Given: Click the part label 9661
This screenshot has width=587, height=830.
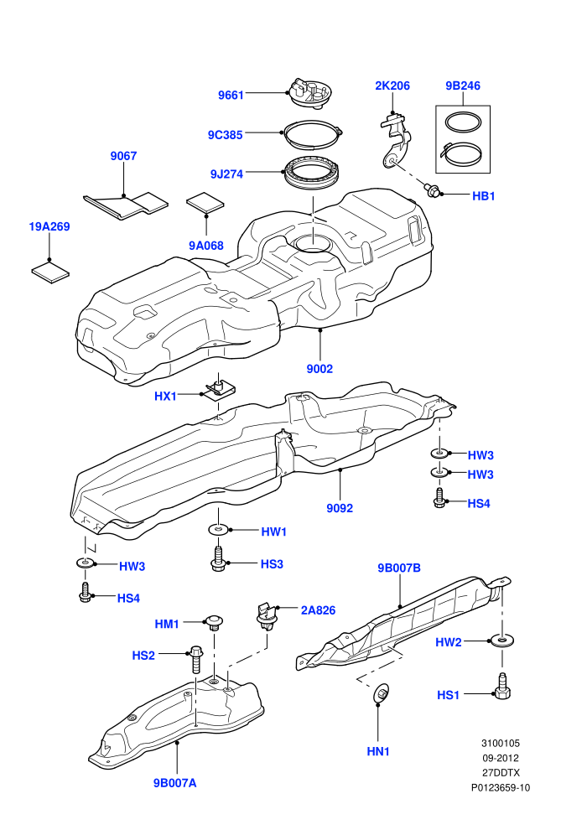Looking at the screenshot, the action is (x=231, y=96).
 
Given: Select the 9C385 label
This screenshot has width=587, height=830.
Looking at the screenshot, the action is (x=225, y=135).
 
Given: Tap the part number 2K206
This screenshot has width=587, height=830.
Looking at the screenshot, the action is (x=392, y=86).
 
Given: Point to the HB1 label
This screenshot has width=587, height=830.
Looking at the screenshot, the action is (x=483, y=196).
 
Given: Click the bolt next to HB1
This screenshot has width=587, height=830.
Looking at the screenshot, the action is (x=432, y=190).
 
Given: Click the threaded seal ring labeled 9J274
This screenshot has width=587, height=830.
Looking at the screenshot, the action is (x=311, y=173).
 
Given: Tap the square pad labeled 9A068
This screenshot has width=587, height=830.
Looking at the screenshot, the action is (x=205, y=202).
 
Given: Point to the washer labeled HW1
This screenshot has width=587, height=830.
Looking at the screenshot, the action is (x=218, y=529).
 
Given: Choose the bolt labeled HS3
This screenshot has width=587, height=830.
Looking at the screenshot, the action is (x=218, y=558).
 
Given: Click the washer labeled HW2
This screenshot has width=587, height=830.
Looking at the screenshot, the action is (x=501, y=641).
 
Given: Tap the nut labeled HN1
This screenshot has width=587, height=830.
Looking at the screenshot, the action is (x=381, y=694).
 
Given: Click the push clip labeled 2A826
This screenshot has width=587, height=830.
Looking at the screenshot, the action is (x=267, y=616).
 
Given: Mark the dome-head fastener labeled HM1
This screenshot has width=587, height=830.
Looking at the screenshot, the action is (x=213, y=622).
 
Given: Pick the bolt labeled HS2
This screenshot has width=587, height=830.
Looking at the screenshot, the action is (x=195, y=659).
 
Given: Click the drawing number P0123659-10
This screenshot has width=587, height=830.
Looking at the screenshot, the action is (x=501, y=787).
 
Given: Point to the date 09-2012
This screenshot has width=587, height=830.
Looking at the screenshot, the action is (x=500, y=758).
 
